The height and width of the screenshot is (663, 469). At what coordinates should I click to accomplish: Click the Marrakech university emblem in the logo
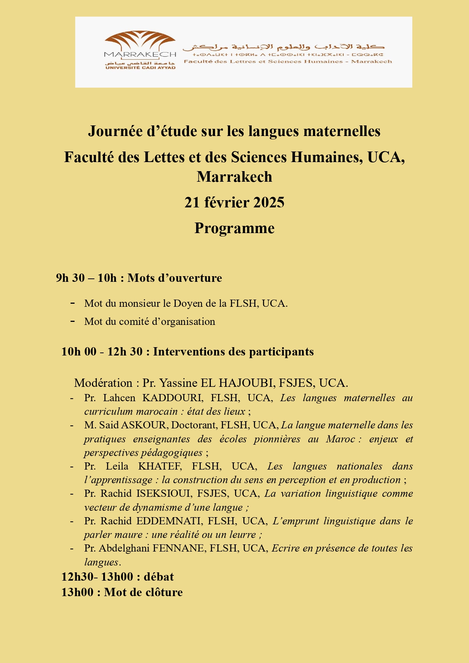(x=140, y=41)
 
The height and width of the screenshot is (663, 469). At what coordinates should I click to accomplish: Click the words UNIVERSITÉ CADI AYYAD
(x=140, y=68)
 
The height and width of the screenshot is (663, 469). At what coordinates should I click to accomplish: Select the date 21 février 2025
(x=234, y=203)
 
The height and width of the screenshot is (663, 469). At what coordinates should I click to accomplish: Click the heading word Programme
(x=234, y=228)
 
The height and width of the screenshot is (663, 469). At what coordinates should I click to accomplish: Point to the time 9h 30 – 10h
(x=86, y=278)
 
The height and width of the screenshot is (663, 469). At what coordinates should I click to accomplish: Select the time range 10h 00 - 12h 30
(x=102, y=352)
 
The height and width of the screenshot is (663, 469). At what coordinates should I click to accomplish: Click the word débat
(x=159, y=577)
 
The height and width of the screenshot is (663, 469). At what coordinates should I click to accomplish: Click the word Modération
(x=103, y=383)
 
